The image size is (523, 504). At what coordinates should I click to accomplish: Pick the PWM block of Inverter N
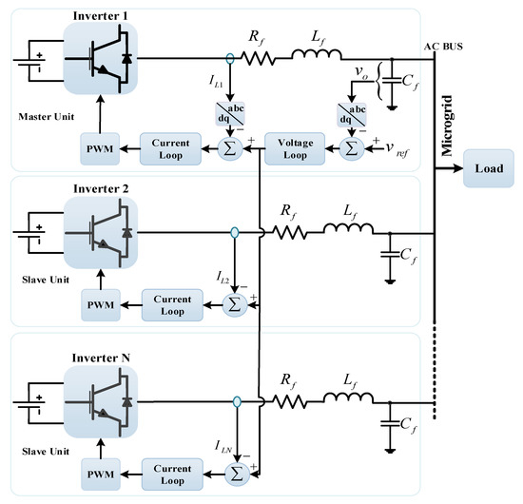[x=100, y=471]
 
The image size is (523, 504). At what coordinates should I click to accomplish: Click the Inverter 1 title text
[x=100, y=13]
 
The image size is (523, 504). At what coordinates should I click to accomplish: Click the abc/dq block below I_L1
[x=232, y=112]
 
